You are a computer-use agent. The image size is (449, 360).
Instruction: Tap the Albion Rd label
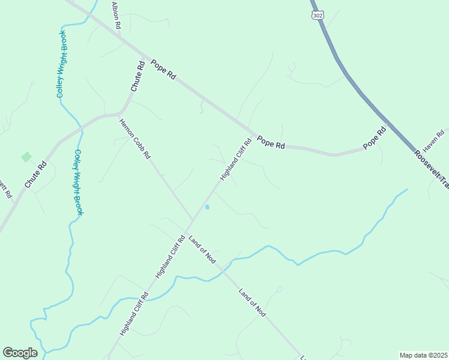pos(116,16)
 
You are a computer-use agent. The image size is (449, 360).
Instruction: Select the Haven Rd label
pos(433,141)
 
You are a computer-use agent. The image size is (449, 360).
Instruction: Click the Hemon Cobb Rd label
pos(134,139)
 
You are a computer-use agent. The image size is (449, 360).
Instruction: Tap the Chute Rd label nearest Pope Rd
pos(138,77)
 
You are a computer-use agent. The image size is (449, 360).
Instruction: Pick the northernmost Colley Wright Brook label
pos(61,65)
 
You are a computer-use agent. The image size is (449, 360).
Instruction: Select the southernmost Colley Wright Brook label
pos(78,182)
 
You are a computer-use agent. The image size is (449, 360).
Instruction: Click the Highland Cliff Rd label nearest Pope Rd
pos(235,160)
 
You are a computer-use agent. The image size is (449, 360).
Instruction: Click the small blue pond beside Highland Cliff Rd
pos(207,207)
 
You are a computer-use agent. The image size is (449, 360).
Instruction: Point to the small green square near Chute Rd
pos(26,157)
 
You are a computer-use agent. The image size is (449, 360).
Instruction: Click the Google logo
pos(20,352)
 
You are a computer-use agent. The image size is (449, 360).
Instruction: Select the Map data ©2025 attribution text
pos(423,355)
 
